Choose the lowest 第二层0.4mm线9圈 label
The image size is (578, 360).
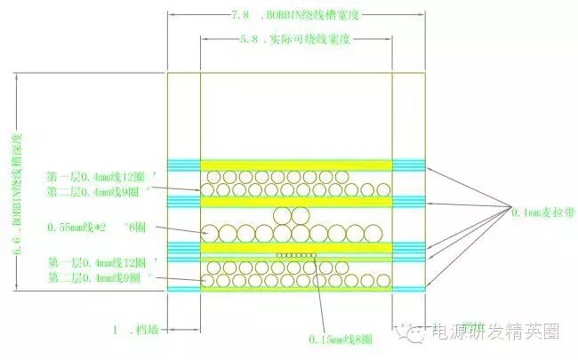pos(105,279)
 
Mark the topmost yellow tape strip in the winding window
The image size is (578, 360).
pos(296,164)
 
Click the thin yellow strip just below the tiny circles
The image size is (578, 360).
pos(296,261)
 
